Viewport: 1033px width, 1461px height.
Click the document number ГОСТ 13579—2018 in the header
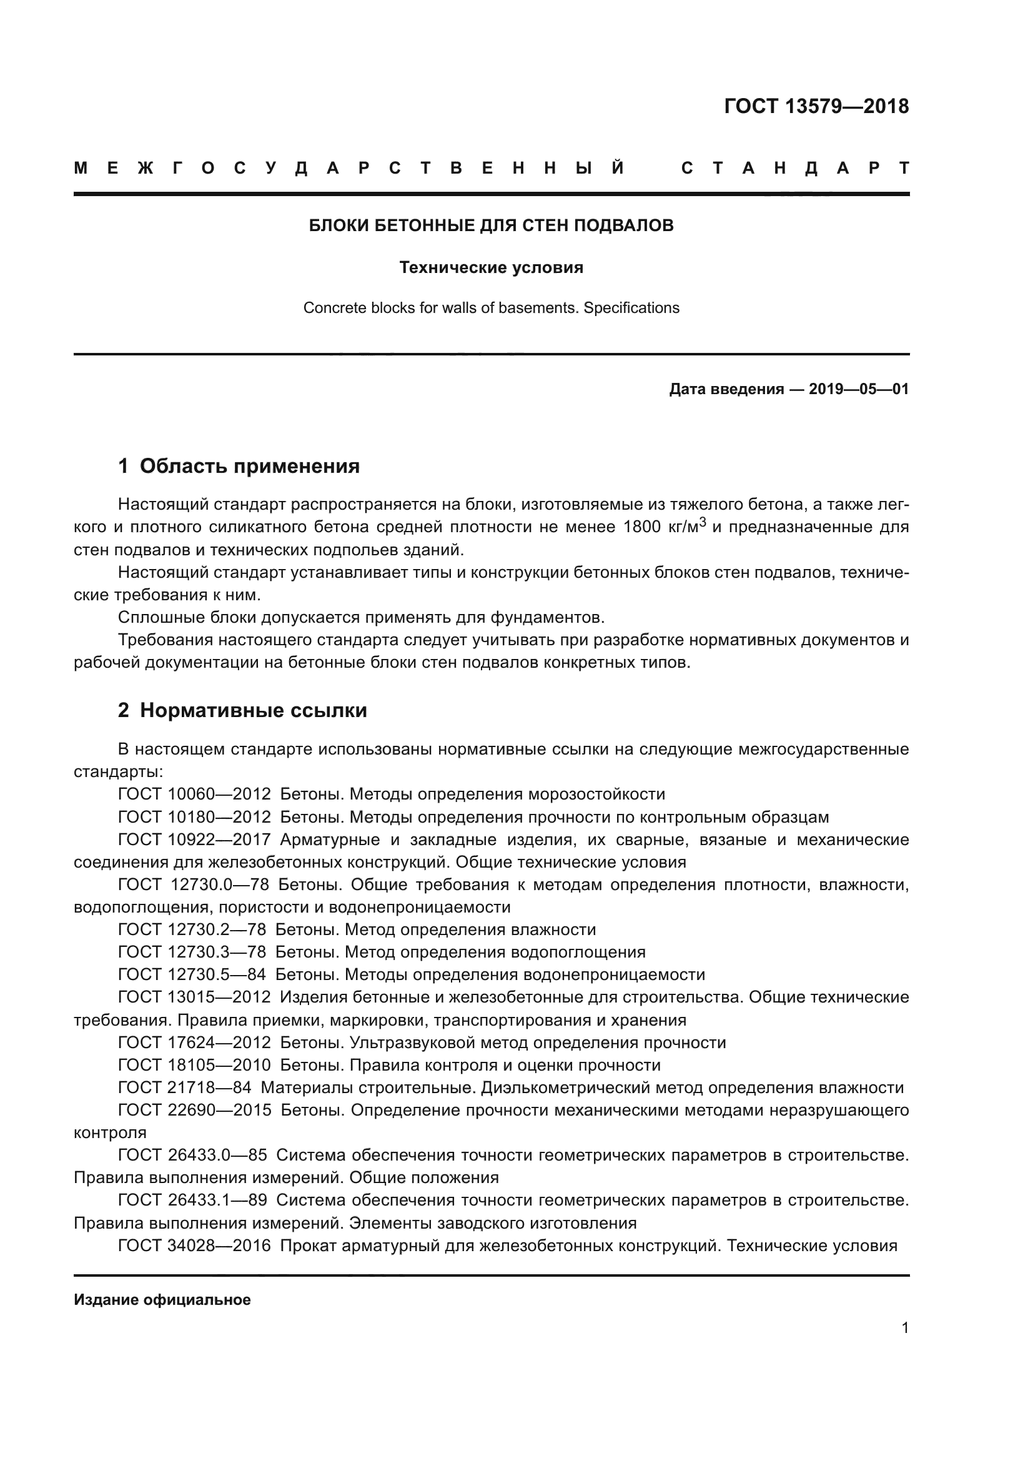[816, 106]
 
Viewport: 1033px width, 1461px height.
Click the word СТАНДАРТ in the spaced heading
[795, 169]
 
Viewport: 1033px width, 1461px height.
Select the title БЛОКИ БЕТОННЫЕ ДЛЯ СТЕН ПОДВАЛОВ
[491, 225]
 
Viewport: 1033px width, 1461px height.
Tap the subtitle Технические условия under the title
[491, 268]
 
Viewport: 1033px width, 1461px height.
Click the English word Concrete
[334, 308]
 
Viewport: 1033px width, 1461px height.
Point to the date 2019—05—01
[859, 389]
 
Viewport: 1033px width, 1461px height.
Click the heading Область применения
[249, 467]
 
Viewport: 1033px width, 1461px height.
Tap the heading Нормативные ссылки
[253, 710]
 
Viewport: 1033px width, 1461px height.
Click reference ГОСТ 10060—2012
[194, 794]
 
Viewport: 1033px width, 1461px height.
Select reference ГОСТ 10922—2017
[194, 839]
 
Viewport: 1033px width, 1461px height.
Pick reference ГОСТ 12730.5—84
[192, 975]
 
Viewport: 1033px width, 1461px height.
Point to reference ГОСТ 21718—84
[184, 1087]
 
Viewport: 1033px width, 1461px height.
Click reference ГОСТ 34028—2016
[194, 1246]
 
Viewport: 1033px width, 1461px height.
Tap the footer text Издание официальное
[162, 1300]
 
